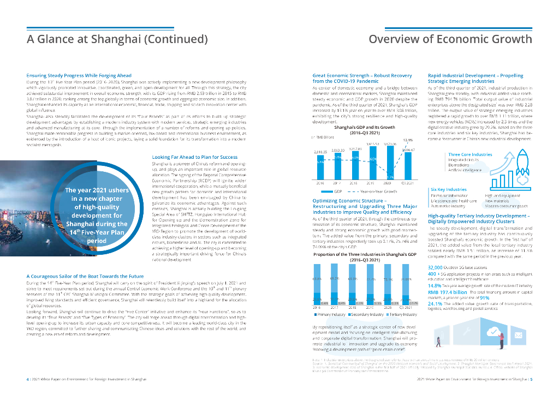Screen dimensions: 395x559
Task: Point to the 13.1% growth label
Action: [x=407, y=140]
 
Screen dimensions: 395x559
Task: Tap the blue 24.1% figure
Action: [x=435, y=303]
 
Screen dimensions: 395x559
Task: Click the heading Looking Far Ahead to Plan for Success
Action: [x=194, y=157]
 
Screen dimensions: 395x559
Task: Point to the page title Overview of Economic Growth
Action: [x=450, y=39]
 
